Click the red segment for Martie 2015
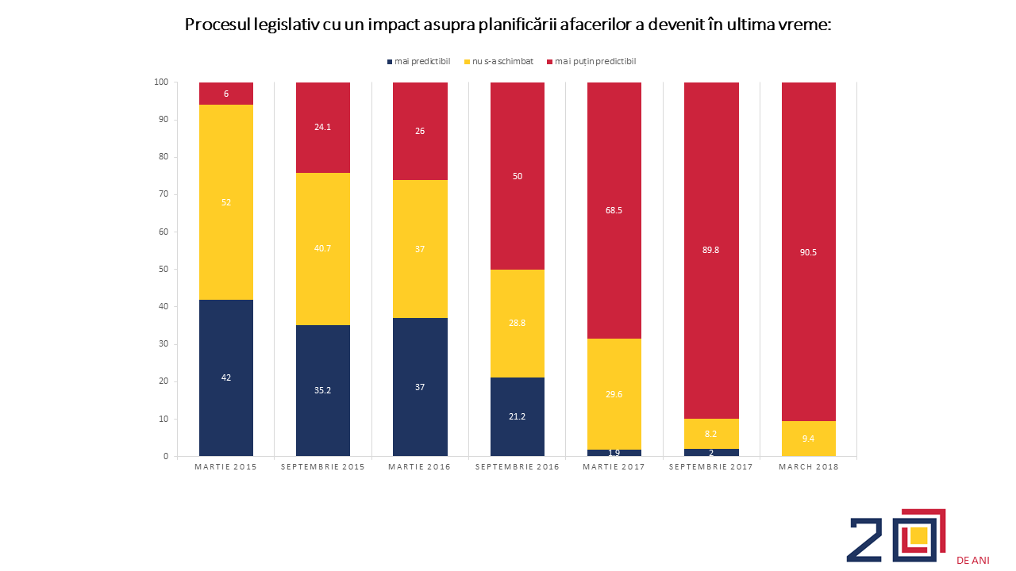pos(226,94)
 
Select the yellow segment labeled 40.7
pos(323,249)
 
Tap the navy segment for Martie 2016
pos(420,387)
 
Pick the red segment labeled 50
pos(517,176)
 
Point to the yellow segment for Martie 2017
pos(614,394)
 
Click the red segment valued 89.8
pos(711,251)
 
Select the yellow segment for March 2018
pos(808,439)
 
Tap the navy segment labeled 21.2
pos(517,416)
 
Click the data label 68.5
pos(614,210)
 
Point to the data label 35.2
pos(322,390)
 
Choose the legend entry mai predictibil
pos(418,62)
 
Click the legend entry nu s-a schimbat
pos(499,62)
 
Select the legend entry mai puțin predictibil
pos(591,62)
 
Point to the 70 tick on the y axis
pos(163,194)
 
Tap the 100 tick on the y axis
pos(161,82)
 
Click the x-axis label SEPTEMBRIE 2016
pos(517,467)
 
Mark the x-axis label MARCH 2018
pos(809,467)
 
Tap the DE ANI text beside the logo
pos(972,561)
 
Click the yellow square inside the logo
pos(918,535)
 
